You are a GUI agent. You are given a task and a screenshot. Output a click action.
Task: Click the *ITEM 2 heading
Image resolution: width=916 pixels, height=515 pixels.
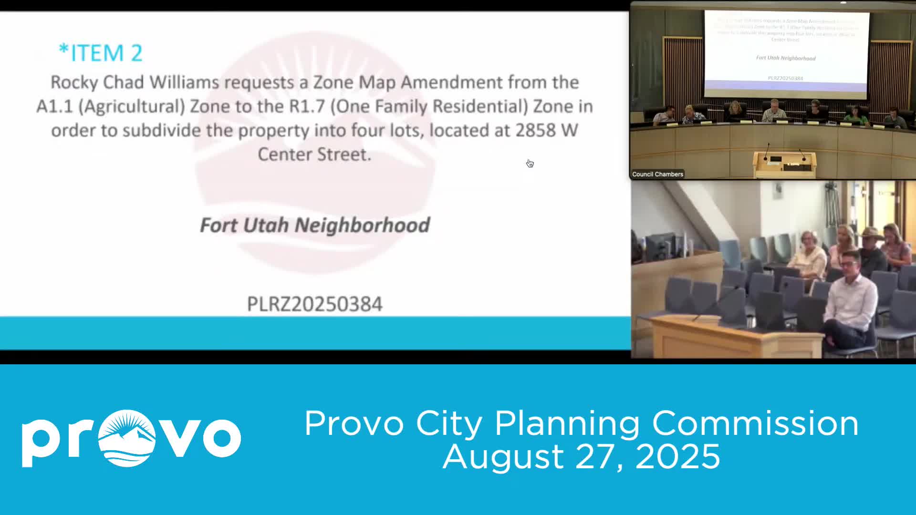click(x=101, y=53)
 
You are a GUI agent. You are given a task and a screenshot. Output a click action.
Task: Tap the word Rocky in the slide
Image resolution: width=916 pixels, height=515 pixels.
click(x=74, y=82)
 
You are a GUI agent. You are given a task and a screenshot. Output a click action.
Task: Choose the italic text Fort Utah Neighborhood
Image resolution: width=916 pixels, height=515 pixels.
click(x=315, y=225)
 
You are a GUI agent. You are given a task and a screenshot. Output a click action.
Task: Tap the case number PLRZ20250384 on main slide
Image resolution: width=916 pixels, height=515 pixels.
click(x=314, y=304)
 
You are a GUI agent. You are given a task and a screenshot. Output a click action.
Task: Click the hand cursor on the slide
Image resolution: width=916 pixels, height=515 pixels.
click(x=530, y=164)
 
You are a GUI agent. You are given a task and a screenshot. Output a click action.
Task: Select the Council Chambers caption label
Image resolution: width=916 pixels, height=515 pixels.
click(x=657, y=174)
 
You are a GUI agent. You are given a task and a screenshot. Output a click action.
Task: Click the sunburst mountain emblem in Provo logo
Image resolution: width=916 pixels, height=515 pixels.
click(x=127, y=438)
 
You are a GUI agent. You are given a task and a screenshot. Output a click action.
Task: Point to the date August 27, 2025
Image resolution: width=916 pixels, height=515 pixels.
click(x=581, y=456)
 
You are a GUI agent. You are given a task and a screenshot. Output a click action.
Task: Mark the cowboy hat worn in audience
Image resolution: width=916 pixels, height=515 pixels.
click(x=871, y=234)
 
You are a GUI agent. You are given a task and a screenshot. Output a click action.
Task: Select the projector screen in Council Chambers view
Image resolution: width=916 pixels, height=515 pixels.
click(x=786, y=52)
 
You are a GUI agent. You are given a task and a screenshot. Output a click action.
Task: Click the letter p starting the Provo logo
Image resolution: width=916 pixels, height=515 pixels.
click(x=40, y=442)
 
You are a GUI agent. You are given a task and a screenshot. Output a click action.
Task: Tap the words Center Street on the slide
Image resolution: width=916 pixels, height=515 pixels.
click(x=314, y=154)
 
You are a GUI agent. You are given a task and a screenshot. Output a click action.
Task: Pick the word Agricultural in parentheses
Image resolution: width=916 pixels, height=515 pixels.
click(x=132, y=106)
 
